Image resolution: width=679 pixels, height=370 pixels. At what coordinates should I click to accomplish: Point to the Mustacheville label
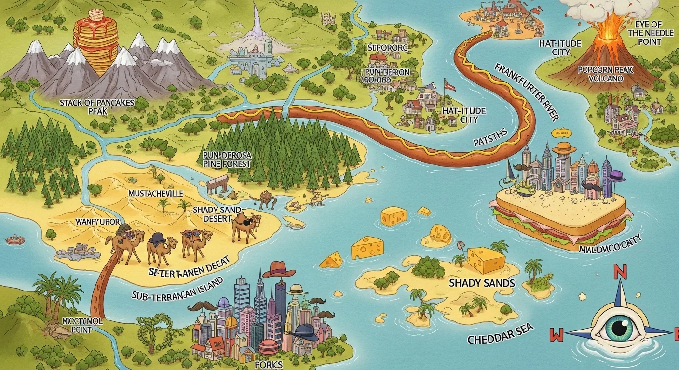(155, 193)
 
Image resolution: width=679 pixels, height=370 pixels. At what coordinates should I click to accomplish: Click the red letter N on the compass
(620, 273)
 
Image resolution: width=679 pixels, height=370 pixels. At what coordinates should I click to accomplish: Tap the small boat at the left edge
(14, 239)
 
